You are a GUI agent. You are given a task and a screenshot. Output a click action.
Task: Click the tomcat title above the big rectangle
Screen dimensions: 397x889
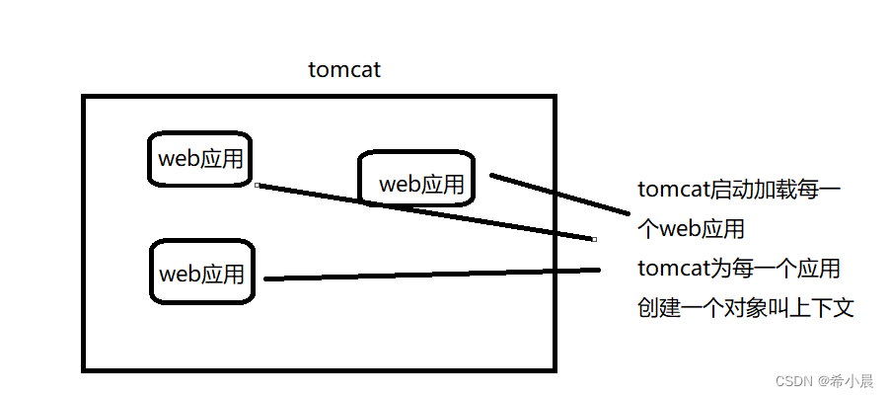pos(344,70)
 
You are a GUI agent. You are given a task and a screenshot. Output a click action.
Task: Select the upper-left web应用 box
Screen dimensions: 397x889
pos(200,158)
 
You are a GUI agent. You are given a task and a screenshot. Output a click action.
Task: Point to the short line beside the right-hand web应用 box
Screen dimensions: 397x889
pos(558,195)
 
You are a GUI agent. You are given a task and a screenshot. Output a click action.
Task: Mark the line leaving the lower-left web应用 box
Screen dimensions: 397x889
pos(434,274)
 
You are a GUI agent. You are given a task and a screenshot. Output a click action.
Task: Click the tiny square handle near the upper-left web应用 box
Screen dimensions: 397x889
pos(256,185)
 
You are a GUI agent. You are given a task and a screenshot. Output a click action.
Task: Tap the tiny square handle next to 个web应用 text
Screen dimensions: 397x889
pos(594,238)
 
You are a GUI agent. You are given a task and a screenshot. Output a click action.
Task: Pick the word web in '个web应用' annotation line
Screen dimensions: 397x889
pos(680,229)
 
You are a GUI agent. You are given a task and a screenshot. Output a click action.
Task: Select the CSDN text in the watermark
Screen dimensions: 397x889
pos(792,381)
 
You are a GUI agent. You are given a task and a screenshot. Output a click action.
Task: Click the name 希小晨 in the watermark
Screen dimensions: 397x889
pos(852,381)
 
